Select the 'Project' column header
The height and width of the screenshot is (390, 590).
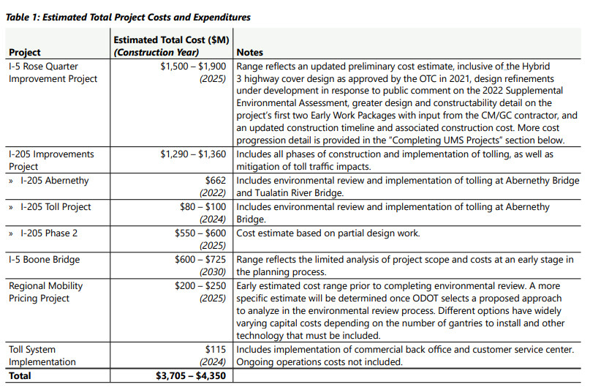click(25, 53)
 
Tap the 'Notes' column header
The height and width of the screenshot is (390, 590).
click(250, 53)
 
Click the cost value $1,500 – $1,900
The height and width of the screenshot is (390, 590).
click(193, 66)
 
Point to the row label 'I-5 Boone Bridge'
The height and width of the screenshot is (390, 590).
click(44, 259)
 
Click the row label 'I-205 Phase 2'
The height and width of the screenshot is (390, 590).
click(48, 233)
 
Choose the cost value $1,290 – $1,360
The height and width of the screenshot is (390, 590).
click(193, 154)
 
